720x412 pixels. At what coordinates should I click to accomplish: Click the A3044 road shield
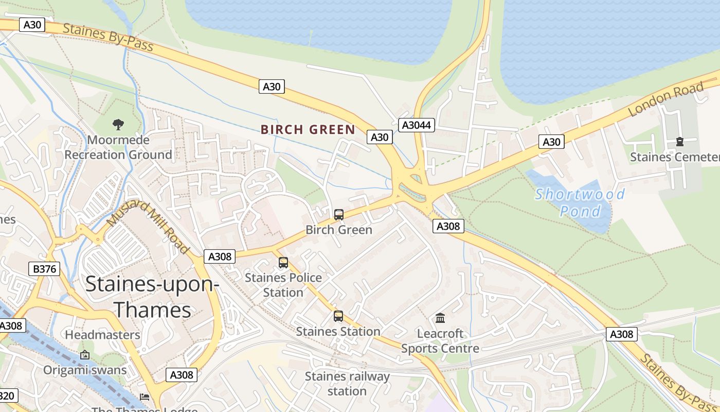click(417, 125)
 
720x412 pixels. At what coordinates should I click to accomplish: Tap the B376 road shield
click(44, 268)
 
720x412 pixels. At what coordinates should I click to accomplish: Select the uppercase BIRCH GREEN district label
click(308, 129)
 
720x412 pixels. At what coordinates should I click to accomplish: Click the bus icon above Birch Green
click(339, 215)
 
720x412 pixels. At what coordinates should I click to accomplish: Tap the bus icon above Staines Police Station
click(283, 263)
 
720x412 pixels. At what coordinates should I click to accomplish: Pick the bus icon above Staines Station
click(338, 316)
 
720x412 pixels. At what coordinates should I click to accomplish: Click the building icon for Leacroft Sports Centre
click(440, 318)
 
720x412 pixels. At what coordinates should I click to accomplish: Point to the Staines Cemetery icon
click(680, 142)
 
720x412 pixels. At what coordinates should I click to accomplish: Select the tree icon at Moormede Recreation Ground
click(118, 124)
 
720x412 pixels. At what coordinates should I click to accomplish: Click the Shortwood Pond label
click(580, 202)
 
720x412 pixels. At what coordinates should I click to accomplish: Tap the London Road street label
click(665, 100)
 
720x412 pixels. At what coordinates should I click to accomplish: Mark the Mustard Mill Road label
click(148, 227)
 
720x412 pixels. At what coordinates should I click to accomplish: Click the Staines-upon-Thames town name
click(152, 297)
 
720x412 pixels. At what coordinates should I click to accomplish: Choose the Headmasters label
click(102, 335)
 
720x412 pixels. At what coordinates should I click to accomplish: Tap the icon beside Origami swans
click(85, 355)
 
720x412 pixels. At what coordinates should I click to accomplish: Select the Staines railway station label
click(347, 384)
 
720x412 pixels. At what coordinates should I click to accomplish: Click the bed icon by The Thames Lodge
click(145, 397)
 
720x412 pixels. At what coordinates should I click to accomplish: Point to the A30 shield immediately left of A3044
click(380, 136)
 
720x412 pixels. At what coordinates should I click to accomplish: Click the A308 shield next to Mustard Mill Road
click(220, 256)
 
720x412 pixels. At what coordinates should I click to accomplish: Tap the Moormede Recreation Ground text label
click(118, 147)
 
